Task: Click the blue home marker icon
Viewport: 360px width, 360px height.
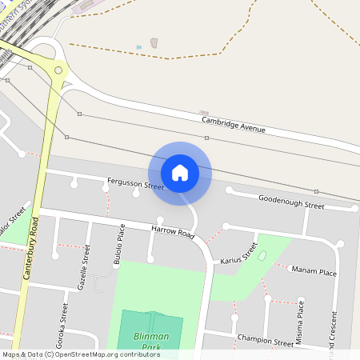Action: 180,172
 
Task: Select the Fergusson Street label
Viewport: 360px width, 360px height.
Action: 135,185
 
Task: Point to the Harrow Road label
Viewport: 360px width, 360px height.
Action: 173,234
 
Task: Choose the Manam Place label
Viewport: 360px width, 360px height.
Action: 314,271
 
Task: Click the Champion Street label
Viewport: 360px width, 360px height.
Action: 266,340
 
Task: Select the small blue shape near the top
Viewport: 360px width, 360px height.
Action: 138,47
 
